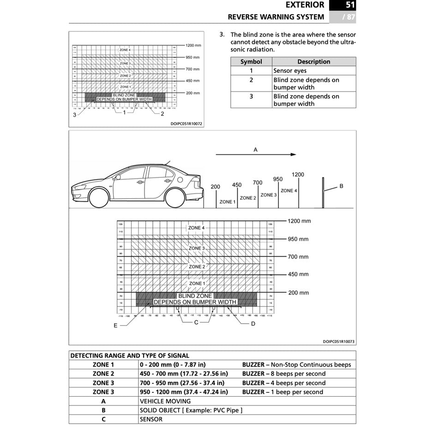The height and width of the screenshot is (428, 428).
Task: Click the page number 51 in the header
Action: (x=350, y=6)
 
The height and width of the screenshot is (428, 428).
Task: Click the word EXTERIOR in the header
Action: (x=305, y=6)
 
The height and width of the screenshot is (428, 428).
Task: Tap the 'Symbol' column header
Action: (x=251, y=61)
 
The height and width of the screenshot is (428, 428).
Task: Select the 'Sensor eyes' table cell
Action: (x=290, y=71)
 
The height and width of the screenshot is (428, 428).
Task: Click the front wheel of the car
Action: (x=99, y=198)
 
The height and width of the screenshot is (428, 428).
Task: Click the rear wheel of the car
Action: (x=175, y=198)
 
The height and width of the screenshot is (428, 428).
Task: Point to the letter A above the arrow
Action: (x=255, y=150)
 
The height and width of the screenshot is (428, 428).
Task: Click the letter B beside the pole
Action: (x=341, y=186)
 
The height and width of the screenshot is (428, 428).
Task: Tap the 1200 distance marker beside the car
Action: (x=298, y=175)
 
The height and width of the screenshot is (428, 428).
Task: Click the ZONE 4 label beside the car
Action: (x=289, y=191)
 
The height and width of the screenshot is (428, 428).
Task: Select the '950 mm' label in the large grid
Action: (x=298, y=239)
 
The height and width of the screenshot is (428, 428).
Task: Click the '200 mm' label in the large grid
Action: (x=298, y=293)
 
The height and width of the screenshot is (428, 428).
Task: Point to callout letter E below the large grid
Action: (x=115, y=326)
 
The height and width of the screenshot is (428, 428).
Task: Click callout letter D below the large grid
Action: (x=253, y=324)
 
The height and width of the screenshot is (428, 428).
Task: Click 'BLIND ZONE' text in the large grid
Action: (x=195, y=296)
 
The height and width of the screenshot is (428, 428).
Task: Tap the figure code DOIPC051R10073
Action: (x=339, y=342)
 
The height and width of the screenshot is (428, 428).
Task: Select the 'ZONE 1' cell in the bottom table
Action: (x=103, y=365)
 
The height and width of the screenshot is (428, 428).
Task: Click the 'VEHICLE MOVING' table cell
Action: (x=165, y=401)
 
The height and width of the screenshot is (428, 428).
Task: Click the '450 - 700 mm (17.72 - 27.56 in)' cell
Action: (x=183, y=374)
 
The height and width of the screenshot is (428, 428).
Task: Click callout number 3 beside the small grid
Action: (x=74, y=115)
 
